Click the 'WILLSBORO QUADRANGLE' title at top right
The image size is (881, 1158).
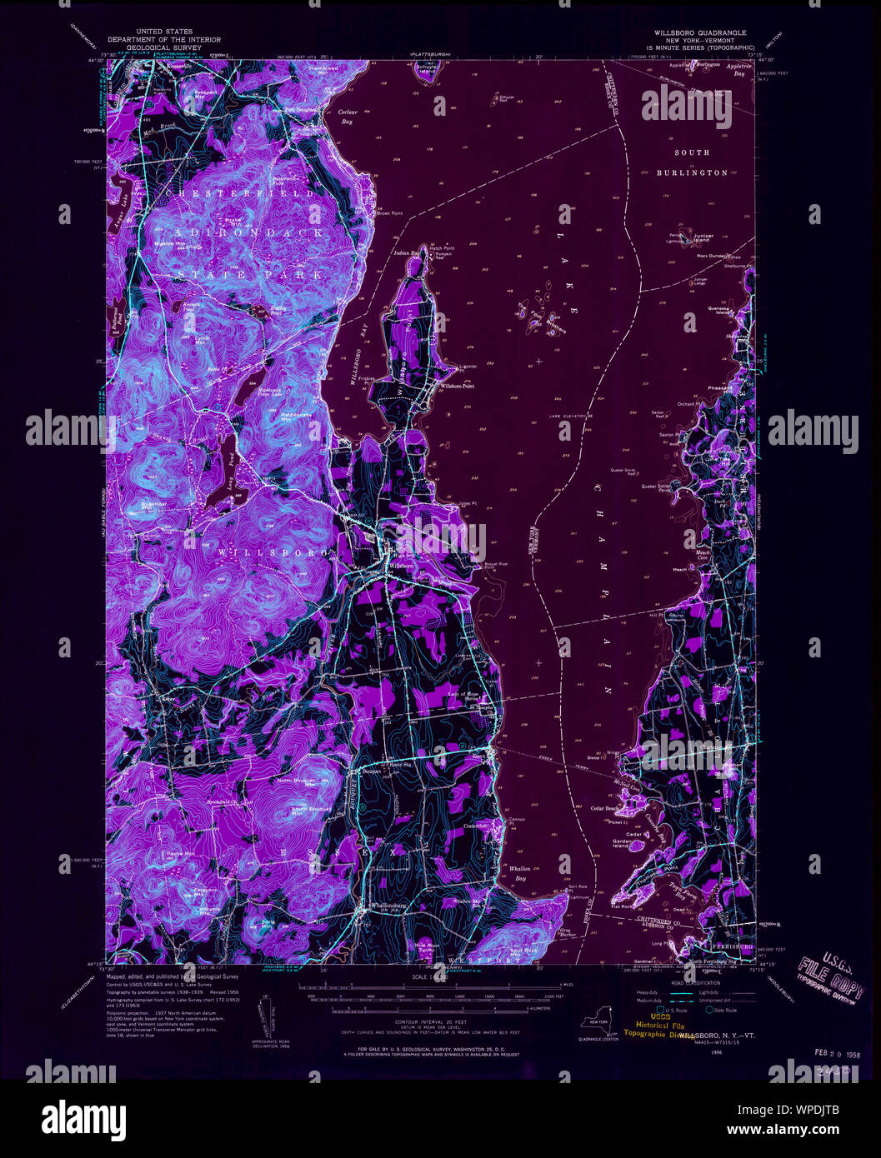(x=693, y=32)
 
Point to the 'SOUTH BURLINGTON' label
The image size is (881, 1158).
(x=691, y=162)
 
